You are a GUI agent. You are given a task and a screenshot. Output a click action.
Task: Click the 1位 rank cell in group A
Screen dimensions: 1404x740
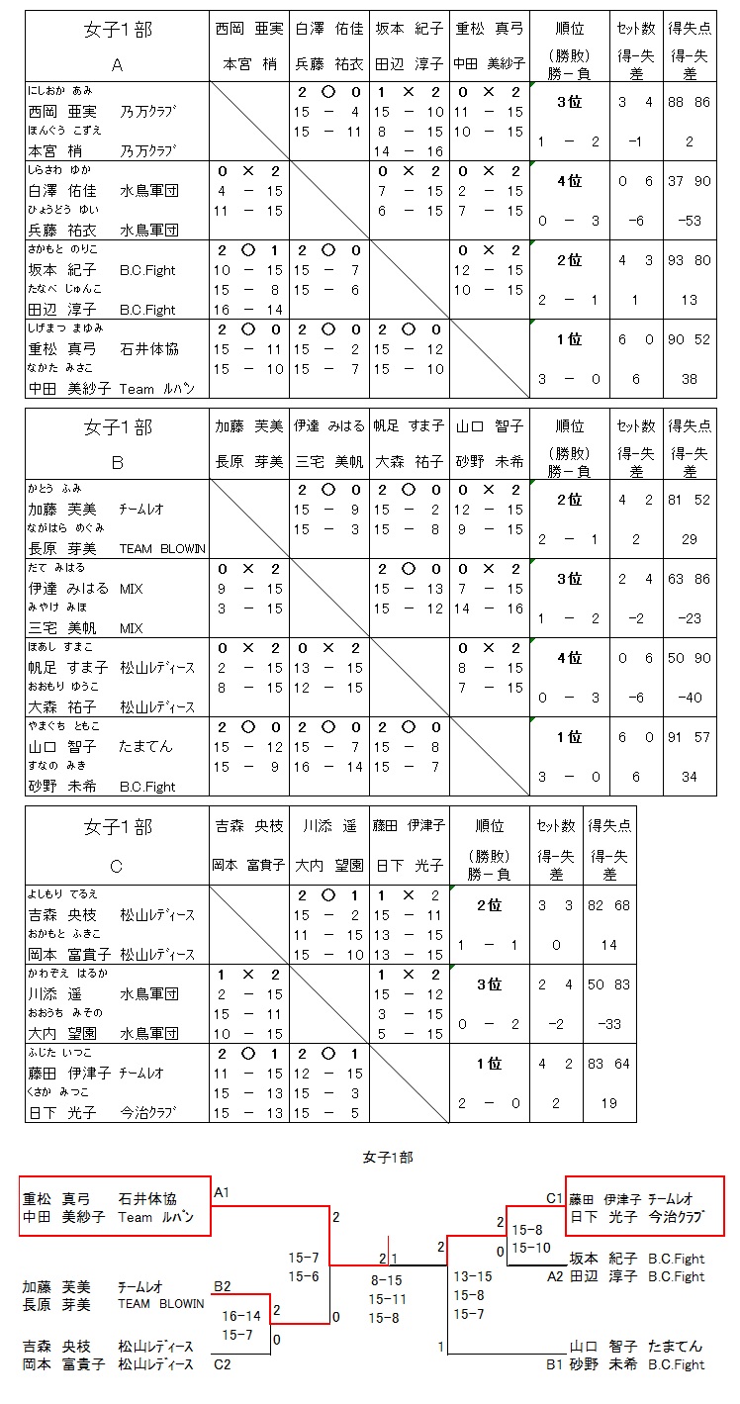[x=569, y=339]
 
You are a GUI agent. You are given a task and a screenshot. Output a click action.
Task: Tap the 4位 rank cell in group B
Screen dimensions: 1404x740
[x=569, y=658]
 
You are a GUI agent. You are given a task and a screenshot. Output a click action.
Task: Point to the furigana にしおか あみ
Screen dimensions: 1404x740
[x=60, y=90]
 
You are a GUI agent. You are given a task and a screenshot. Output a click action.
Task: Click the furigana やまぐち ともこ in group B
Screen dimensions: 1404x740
[x=63, y=725]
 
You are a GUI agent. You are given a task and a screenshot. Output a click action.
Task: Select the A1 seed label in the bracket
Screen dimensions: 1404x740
[x=222, y=1192]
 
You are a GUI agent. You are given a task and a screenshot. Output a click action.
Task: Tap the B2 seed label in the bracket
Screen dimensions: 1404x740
[x=222, y=1286]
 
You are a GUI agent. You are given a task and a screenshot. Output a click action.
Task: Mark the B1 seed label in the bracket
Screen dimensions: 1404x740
[x=554, y=1364]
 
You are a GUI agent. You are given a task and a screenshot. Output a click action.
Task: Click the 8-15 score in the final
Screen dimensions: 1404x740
[x=388, y=1279]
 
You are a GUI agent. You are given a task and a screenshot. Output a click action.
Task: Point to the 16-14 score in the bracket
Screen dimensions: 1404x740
[x=241, y=1316]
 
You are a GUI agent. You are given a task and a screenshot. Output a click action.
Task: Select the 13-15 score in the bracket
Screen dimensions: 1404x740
[x=471, y=1276]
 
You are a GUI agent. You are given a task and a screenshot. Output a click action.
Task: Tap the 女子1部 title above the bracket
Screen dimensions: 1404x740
[x=388, y=1156]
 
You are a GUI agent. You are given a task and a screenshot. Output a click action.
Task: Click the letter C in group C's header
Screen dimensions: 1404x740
[x=117, y=867]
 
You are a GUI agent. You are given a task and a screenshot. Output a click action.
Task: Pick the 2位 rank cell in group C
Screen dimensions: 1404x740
[x=489, y=904]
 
